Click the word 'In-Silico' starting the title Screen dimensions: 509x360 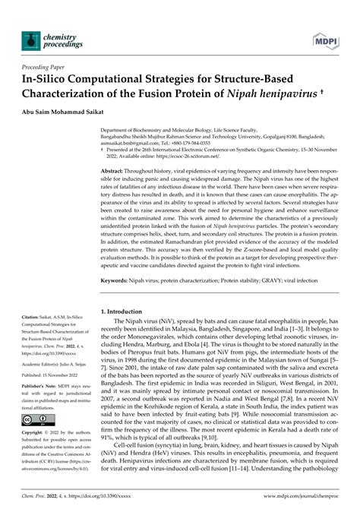tap(52, 79)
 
